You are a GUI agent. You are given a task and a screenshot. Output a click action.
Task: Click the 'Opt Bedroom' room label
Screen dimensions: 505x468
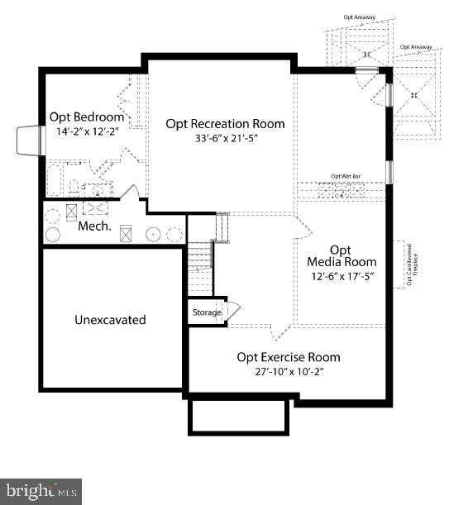click(x=86, y=117)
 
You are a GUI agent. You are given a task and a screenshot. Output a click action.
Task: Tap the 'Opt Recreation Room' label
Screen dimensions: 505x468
click(x=225, y=123)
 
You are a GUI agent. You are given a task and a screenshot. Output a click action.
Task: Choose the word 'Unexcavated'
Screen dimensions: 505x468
click(x=110, y=319)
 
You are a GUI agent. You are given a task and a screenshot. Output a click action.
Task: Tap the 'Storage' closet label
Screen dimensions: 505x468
click(x=207, y=312)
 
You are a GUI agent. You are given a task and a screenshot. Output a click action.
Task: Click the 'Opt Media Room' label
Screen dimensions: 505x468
click(x=341, y=255)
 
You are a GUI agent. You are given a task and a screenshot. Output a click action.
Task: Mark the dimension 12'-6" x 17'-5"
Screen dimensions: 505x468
click(x=341, y=276)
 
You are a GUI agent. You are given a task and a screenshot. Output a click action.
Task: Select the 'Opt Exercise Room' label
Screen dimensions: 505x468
click(x=289, y=357)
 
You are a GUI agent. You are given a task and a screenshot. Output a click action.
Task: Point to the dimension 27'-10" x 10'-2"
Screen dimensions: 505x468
click(x=289, y=371)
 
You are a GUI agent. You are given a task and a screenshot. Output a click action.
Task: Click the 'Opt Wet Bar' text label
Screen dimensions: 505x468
click(x=346, y=176)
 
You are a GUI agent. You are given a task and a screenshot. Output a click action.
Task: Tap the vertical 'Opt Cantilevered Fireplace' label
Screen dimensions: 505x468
click(x=407, y=264)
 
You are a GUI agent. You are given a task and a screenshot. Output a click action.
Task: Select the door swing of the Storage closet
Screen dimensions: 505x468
click(x=233, y=311)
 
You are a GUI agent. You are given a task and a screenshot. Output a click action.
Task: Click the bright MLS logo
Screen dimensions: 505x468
click(x=41, y=492)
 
